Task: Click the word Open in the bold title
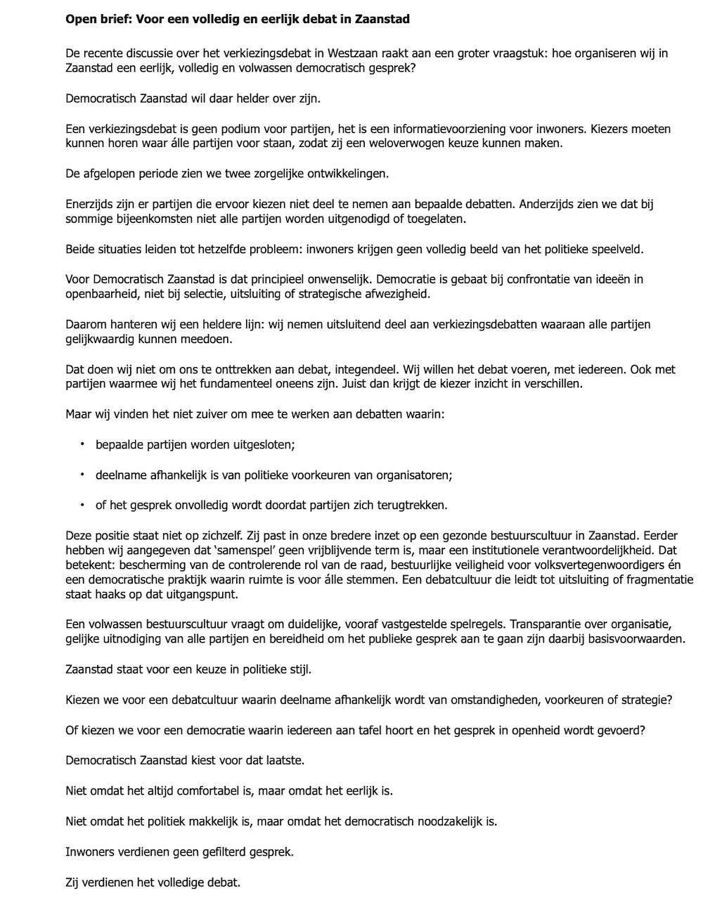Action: (x=79, y=19)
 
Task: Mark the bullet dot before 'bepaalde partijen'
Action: (x=82, y=444)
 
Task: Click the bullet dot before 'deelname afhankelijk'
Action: (x=82, y=475)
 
